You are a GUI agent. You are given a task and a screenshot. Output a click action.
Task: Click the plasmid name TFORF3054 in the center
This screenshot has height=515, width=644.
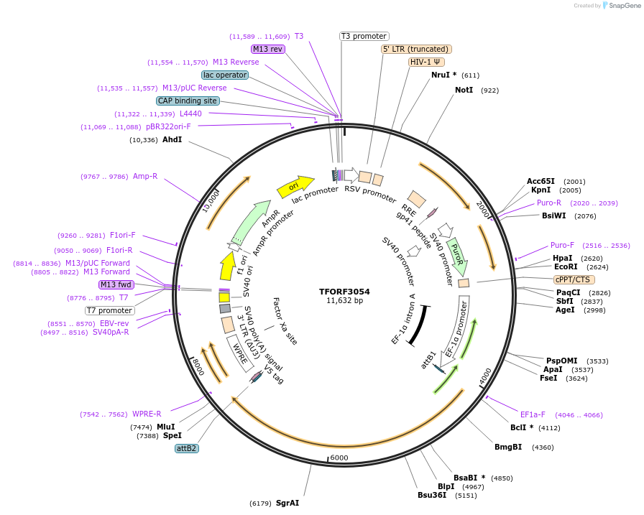pos(344,292)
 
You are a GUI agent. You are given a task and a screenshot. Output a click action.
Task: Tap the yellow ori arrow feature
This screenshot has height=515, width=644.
pos(295,187)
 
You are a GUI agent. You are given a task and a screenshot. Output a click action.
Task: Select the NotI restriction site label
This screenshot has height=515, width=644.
pos(464,91)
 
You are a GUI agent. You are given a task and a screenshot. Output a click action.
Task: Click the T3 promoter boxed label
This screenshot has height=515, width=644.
pos(364,36)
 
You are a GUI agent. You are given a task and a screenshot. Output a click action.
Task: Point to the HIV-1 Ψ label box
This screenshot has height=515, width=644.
pos(425,62)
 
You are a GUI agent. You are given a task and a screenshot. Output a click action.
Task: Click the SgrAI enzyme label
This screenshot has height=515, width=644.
pos(287,503)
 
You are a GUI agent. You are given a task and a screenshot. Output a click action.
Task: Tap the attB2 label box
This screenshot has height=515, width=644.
pos(186,448)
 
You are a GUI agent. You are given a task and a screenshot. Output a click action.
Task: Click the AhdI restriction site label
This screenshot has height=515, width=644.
pos(172,139)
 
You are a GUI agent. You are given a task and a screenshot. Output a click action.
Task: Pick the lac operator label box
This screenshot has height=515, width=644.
pos(224,75)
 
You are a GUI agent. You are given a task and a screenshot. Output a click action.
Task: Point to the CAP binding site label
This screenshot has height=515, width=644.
pos(187,101)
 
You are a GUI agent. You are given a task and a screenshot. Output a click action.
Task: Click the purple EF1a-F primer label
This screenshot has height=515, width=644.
pos(533,414)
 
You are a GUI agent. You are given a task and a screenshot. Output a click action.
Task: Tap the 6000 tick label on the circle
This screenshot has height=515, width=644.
pos(339,458)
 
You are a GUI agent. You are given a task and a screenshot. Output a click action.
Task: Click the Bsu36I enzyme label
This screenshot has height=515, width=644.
pos(431,495)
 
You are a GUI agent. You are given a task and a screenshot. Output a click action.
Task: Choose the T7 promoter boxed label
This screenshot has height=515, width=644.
pos(110,311)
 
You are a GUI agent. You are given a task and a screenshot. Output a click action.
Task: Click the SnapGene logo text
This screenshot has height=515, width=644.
pos(624,6)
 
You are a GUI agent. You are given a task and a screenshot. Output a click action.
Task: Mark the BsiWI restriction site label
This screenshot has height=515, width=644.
pos(553,215)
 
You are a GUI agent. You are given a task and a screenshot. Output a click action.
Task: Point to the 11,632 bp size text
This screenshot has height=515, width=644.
pos(344,300)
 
